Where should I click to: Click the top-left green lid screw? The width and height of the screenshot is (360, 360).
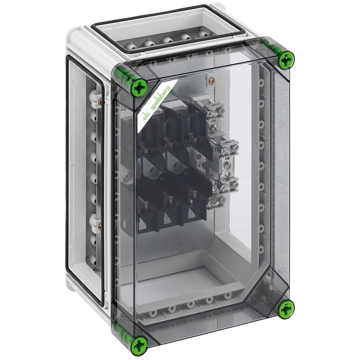tap(139, 88)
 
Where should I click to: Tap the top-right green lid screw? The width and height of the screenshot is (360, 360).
tap(286, 60)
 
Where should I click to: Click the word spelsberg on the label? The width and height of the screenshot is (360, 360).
tap(160, 99)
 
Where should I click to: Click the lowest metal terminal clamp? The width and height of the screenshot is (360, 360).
tap(216, 200)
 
